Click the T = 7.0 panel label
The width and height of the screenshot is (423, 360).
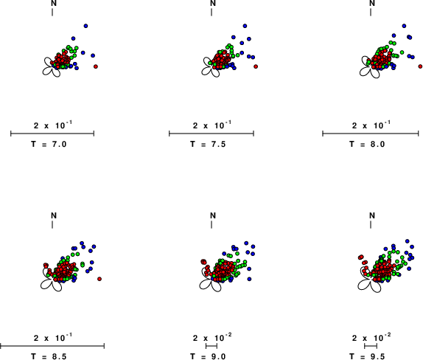click(49, 144)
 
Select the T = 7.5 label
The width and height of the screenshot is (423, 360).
click(208, 144)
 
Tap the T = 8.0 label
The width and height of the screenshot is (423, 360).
click(367, 144)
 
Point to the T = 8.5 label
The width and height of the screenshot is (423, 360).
click(49, 356)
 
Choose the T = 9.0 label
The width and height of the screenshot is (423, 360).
click(208, 356)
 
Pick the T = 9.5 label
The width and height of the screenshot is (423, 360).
click(367, 356)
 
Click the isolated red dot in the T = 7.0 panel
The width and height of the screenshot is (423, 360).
click(96, 66)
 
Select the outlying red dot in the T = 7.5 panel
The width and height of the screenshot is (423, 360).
click(256, 66)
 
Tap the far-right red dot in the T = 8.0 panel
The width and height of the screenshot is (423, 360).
click(420, 66)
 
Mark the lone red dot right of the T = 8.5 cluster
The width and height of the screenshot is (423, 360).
click(99, 279)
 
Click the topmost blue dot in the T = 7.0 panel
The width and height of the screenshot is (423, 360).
click(85, 26)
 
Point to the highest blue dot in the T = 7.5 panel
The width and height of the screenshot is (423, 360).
click(245, 26)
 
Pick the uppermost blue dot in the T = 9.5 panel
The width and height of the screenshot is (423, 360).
click(408, 241)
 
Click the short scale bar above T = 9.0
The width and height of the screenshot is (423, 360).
click(212, 346)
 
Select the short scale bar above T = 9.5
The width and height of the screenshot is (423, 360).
click(371, 346)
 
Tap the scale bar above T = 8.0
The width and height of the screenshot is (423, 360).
click(371, 134)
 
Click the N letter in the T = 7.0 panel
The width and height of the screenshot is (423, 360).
click(54, 3)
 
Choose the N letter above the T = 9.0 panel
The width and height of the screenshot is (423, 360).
click(213, 215)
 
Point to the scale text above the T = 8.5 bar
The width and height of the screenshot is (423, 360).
click(53, 338)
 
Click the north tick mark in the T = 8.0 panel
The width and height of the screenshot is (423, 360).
click(371, 12)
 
